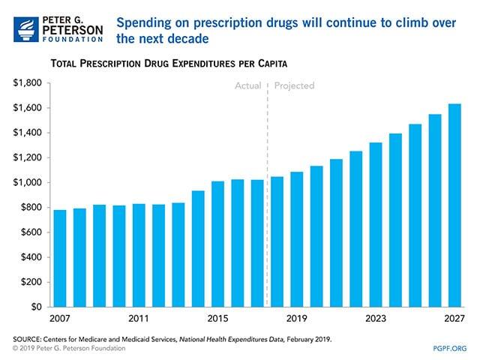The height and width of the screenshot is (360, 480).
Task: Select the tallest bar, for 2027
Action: click(x=454, y=205)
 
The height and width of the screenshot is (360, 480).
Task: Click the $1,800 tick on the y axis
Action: click(x=28, y=83)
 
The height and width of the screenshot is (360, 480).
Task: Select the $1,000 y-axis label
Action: click(x=28, y=183)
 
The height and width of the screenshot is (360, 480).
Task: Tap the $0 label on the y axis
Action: click(x=36, y=307)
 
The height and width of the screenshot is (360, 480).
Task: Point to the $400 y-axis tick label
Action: click(x=31, y=257)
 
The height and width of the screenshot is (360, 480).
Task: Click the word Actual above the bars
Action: click(x=247, y=86)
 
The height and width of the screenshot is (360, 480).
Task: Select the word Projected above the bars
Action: click(x=294, y=86)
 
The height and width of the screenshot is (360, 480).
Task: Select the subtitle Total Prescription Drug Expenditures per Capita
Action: click(x=169, y=64)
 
